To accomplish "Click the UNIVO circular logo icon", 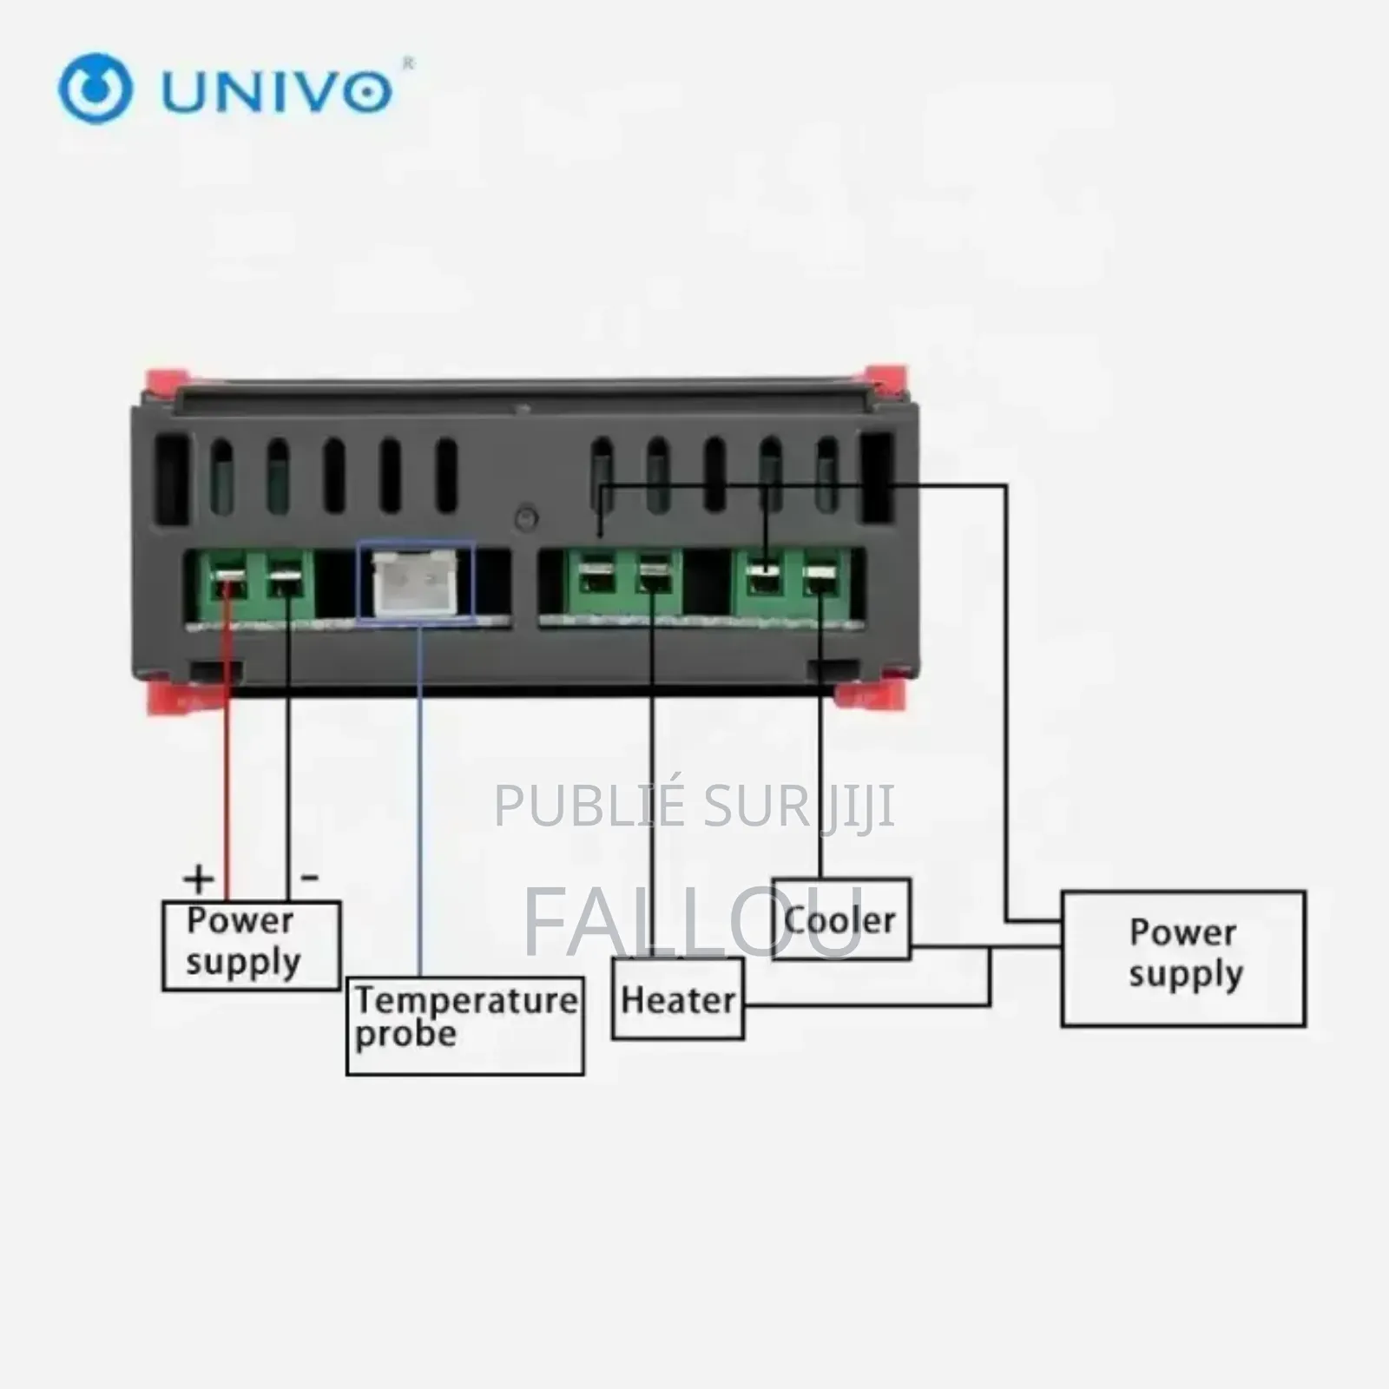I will click(95, 89).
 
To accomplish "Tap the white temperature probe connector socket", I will click(416, 583).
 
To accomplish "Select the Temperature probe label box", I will click(465, 1026).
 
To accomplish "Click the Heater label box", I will click(678, 999).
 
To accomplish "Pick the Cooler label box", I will click(840, 919).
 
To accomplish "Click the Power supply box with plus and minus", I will click(251, 945).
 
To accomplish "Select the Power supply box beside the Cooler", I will click(1183, 958).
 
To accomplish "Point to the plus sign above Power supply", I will click(199, 879).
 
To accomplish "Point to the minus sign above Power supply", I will click(309, 878).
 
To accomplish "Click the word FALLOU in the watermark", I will click(693, 922).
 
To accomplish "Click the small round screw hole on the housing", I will click(526, 519).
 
